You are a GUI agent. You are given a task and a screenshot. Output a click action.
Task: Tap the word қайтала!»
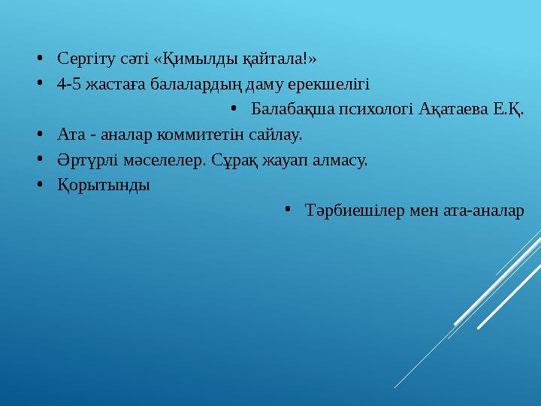[284, 57]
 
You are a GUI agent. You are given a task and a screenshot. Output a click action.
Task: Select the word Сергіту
[82, 57]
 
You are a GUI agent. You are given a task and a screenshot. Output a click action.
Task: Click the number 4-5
[68, 83]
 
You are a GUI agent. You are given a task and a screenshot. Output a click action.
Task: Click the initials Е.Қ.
[509, 109]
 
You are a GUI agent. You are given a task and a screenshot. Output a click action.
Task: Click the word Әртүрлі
[83, 160]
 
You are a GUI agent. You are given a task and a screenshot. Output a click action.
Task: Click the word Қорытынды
[103, 186]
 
